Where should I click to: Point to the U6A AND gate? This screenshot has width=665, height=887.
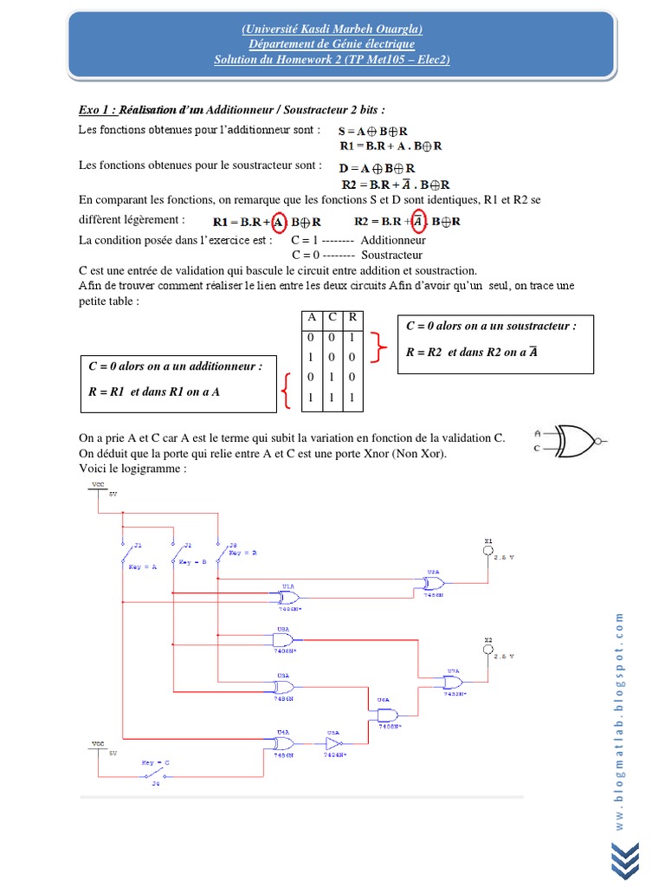387,715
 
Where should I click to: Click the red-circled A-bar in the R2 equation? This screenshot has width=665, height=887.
418,221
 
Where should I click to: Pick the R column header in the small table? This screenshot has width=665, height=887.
352,318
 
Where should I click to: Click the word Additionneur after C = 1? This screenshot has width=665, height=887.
393,240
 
